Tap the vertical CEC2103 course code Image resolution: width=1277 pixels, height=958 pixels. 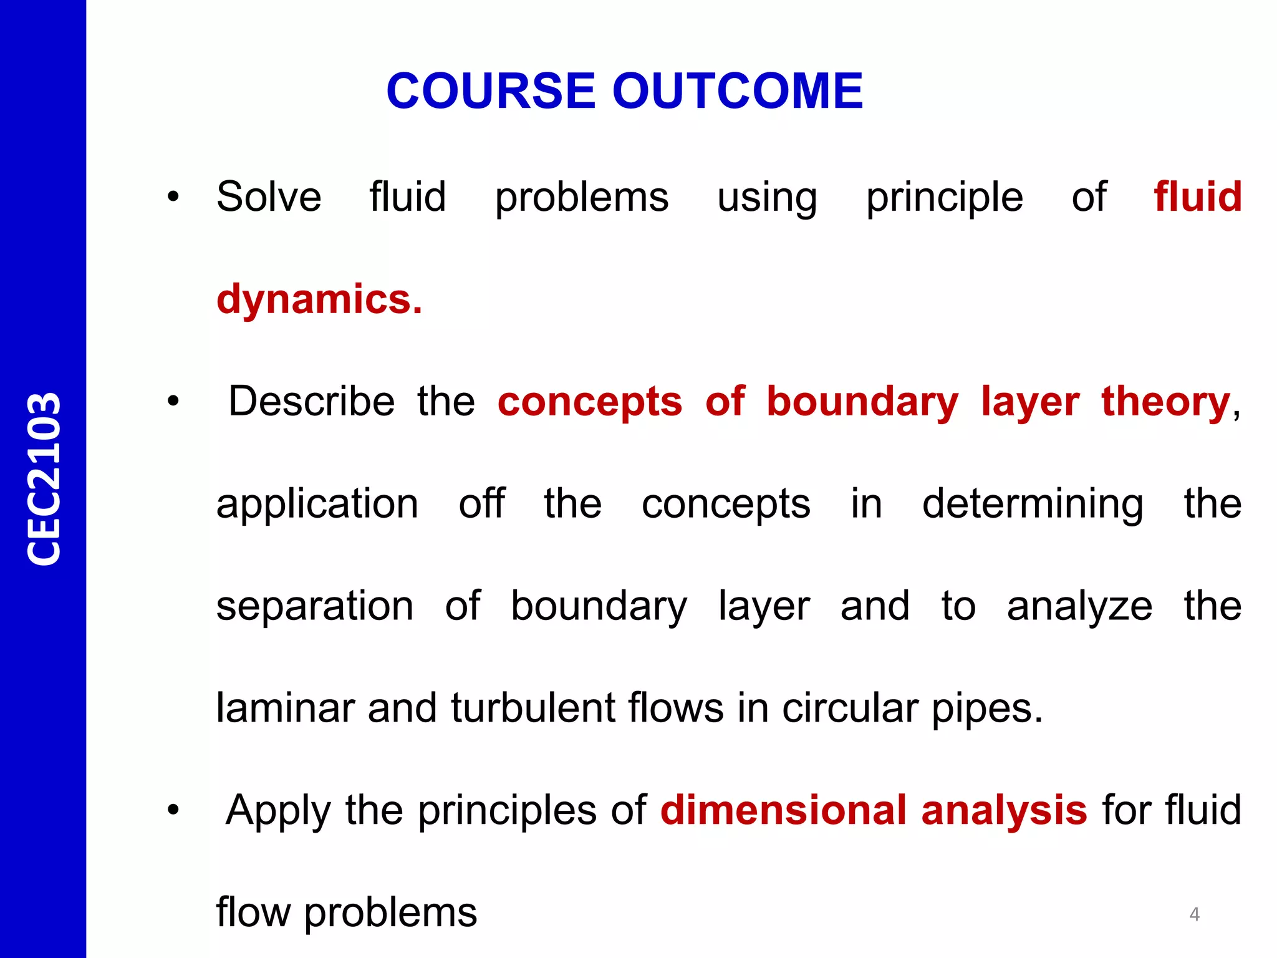[x=44, y=479]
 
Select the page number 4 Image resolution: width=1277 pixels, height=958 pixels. [x=1194, y=914]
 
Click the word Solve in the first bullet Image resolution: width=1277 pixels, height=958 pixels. [x=269, y=197]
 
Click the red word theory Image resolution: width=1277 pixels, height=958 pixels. [x=1165, y=402]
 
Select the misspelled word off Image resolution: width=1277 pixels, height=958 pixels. [x=481, y=503]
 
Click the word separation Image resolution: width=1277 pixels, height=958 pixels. [x=315, y=606]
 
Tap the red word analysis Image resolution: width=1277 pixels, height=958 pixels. [x=1004, y=811]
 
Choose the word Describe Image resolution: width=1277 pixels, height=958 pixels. [x=311, y=402]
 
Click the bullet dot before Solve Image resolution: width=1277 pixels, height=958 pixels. [x=173, y=198]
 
